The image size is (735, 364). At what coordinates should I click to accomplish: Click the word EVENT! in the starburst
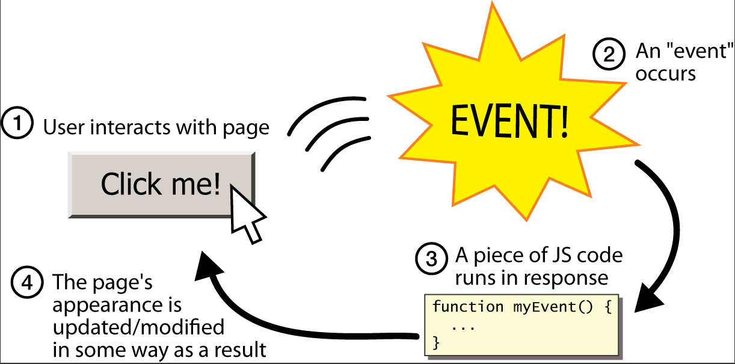point(509,122)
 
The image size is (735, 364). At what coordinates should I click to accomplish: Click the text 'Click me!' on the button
point(160,184)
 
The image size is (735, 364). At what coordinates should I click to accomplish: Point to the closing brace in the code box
point(437,342)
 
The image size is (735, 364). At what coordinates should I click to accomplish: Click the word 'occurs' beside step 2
point(666,74)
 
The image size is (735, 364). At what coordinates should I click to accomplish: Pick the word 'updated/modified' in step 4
point(138,328)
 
